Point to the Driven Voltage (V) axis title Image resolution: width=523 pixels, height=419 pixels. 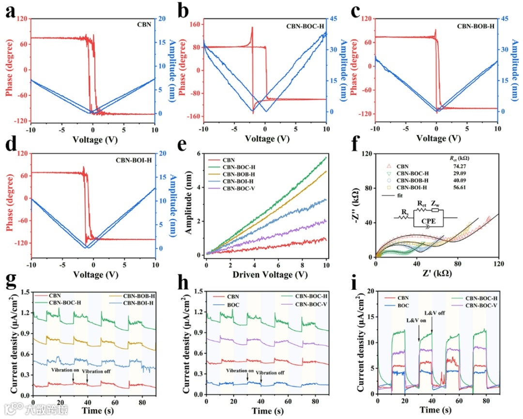click(x=266, y=274)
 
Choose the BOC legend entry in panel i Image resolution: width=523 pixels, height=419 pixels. click(x=403, y=306)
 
